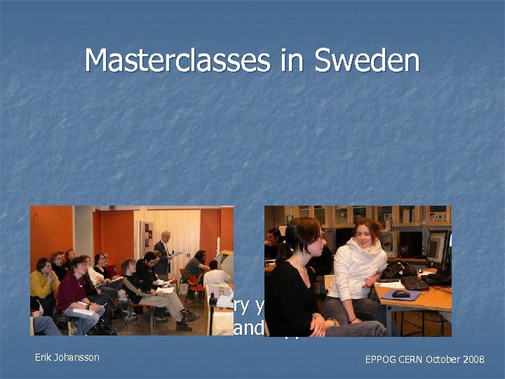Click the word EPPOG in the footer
381,359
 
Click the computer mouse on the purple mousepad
400,294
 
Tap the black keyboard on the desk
415,281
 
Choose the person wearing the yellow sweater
43,281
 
